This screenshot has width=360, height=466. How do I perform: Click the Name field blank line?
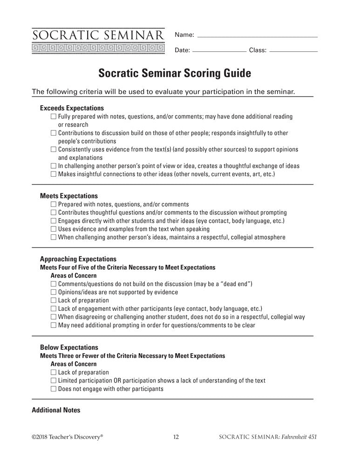click(x=258, y=36)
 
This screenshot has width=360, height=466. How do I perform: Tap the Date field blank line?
click(x=219, y=50)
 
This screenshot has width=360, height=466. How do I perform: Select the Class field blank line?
click(x=293, y=50)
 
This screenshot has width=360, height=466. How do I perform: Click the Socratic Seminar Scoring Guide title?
click(x=175, y=73)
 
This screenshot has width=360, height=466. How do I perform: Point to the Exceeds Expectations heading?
click(x=72, y=108)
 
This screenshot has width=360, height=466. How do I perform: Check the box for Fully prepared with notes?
click(x=54, y=116)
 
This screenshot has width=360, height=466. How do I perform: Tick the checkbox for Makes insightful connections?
click(x=54, y=174)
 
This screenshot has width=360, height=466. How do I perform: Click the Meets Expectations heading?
click(x=69, y=196)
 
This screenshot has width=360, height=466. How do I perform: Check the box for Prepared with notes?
click(x=54, y=204)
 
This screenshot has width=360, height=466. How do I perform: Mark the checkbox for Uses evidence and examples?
click(x=54, y=229)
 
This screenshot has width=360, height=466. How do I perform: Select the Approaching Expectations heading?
click(x=78, y=259)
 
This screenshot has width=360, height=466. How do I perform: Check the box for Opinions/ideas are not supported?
click(x=54, y=292)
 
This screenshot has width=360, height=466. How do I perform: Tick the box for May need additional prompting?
click(x=54, y=325)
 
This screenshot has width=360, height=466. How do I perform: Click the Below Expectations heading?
click(x=69, y=348)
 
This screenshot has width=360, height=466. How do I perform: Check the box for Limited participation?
click(x=54, y=381)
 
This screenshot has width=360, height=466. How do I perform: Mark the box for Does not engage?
click(x=54, y=389)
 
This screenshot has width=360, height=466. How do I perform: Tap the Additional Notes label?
click(x=56, y=411)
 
